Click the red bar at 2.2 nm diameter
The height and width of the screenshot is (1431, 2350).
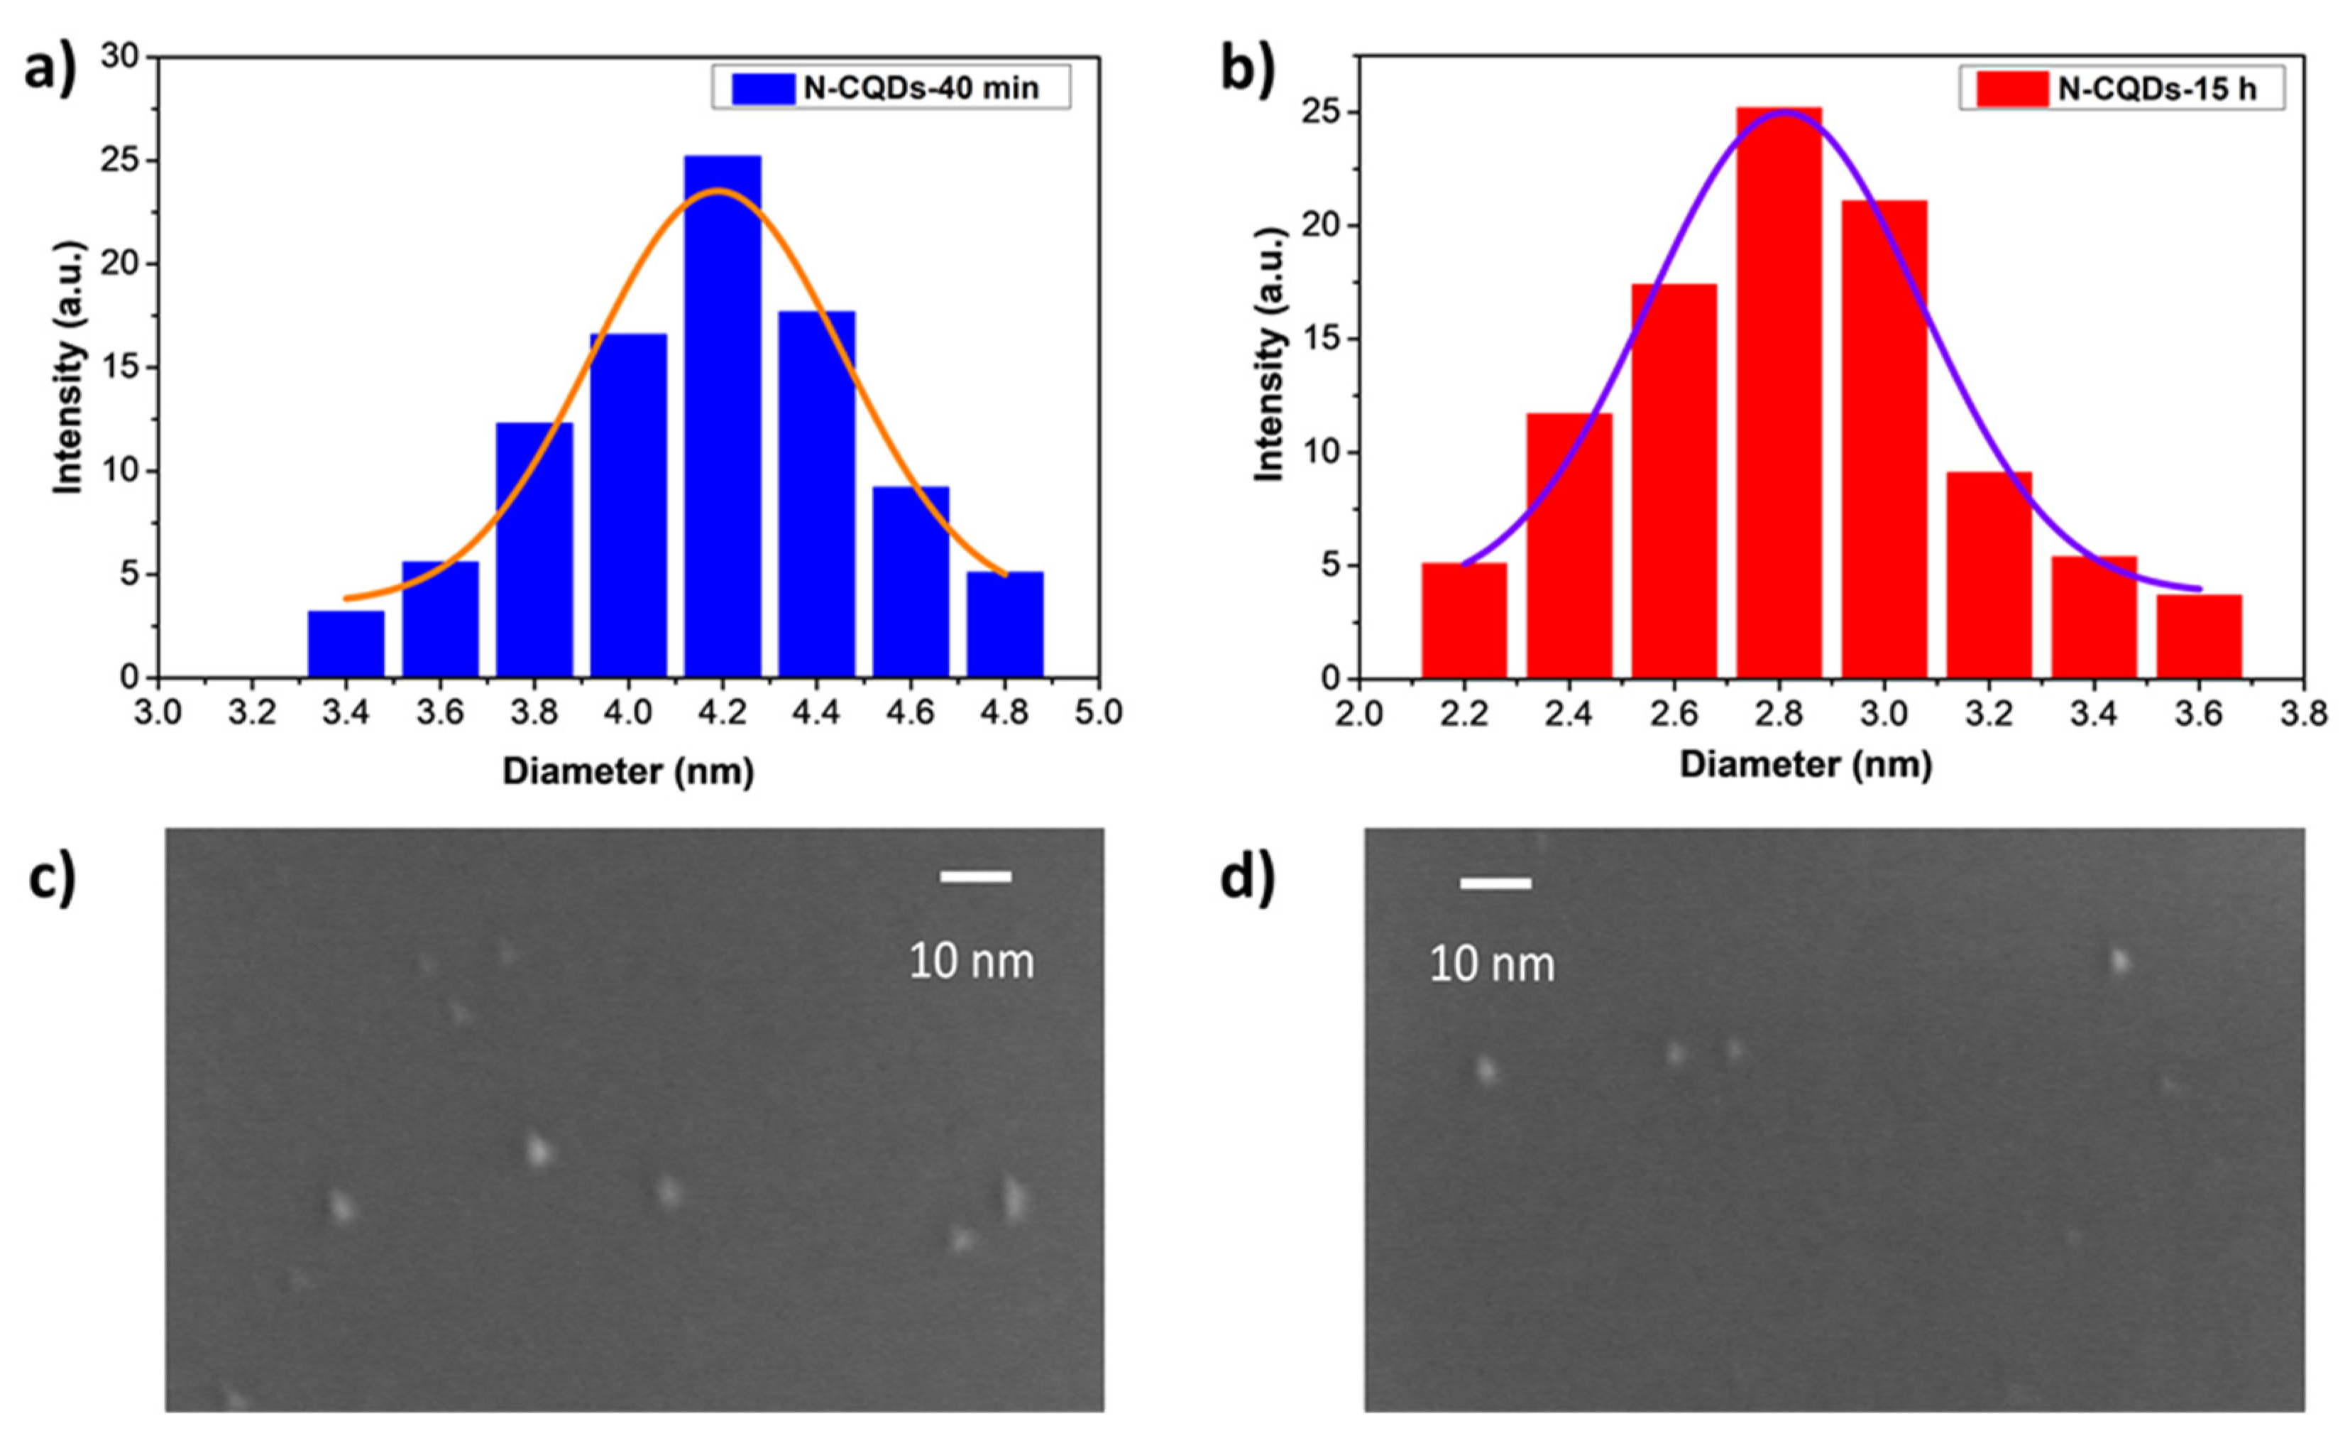[x=1464, y=621]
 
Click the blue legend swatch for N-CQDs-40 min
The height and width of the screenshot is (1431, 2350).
[x=762, y=89]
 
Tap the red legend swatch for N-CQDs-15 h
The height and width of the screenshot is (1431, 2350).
[x=2011, y=89]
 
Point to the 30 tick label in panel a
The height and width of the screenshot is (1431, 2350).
[x=119, y=58]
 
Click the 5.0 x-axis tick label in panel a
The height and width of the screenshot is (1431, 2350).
[x=1098, y=712]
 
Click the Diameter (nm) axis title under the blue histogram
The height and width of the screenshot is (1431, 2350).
[x=627, y=771]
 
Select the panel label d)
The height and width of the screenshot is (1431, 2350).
[x=1246, y=878]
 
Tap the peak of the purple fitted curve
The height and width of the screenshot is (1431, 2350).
[x=1784, y=111]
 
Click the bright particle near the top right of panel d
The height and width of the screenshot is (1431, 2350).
[x=2119, y=961]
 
